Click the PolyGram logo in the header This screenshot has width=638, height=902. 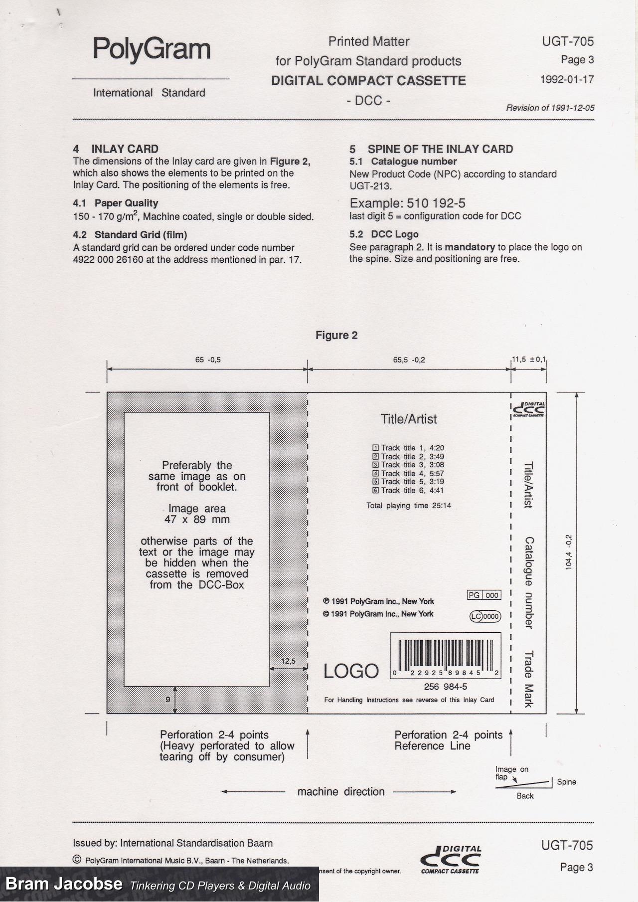(152, 49)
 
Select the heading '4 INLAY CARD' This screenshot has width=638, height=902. (116, 149)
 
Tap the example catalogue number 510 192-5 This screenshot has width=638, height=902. (436, 203)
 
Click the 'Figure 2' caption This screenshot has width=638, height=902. (336, 335)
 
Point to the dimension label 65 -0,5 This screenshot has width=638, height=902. (208, 360)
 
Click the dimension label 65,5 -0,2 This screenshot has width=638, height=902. (409, 360)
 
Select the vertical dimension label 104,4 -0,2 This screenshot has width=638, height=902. (569, 552)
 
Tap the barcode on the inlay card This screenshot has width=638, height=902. (445, 654)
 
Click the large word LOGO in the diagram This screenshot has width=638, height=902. (351, 671)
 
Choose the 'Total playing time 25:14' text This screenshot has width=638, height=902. (408, 506)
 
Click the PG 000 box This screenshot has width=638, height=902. (483, 595)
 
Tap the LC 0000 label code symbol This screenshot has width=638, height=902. (484, 616)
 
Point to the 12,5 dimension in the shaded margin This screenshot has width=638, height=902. (288, 661)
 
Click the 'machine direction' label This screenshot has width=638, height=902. (341, 792)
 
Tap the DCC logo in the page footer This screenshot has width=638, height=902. (451, 859)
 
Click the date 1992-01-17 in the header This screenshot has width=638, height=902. (567, 79)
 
